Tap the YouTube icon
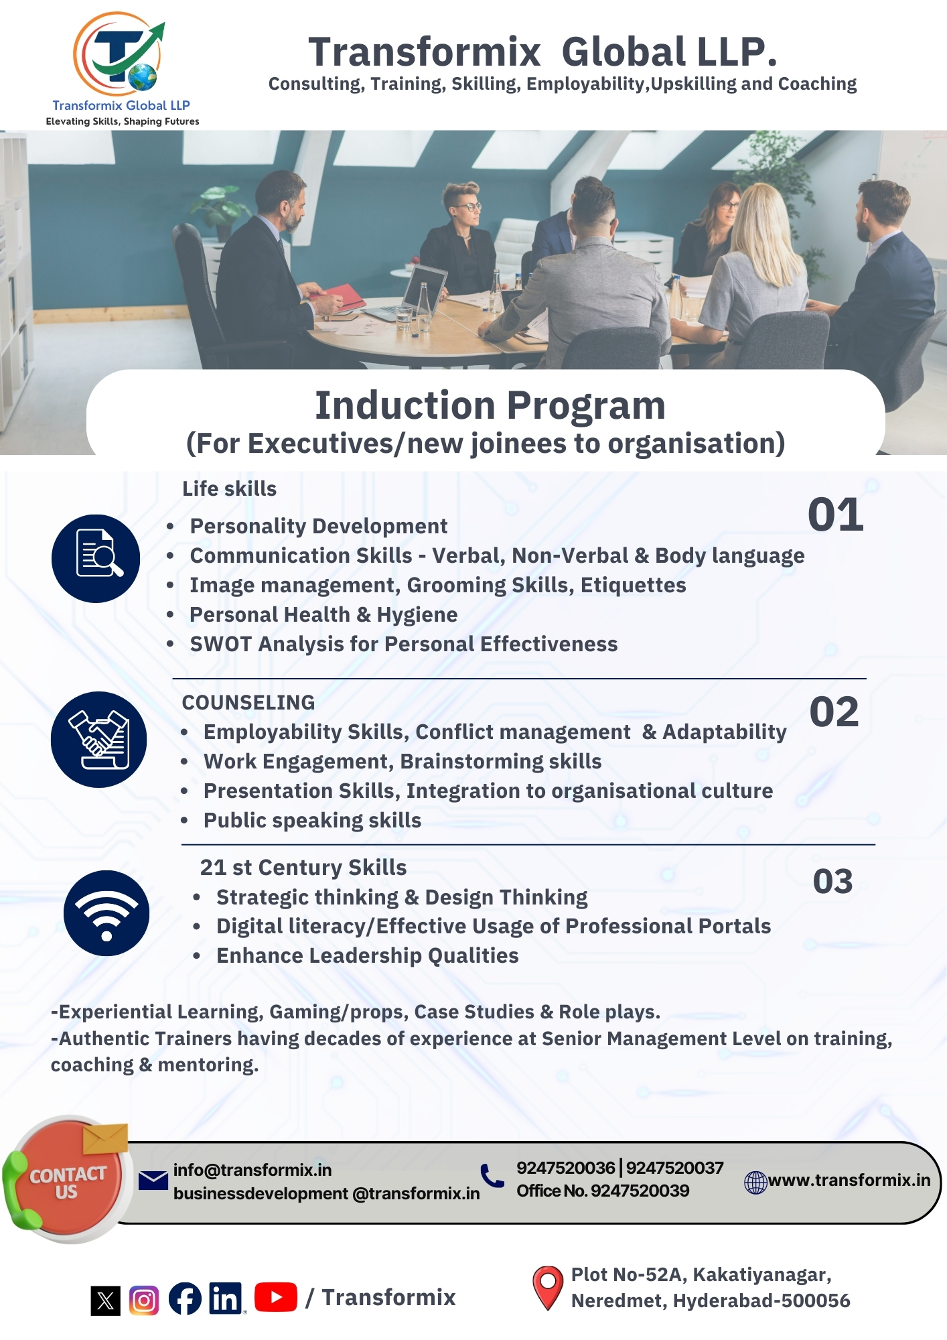[x=276, y=1297]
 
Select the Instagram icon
[x=144, y=1300]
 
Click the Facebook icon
[x=185, y=1298]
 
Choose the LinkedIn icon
[x=226, y=1298]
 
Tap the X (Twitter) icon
[x=106, y=1300]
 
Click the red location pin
[x=548, y=1287]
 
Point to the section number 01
[x=835, y=515]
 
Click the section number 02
[x=834, y=712]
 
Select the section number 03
[x=832, y=881]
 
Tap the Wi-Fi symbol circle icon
[x=106, y=913]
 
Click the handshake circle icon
[x=99, y=739]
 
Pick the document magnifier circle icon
[x=96, y=558]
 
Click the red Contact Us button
[x=68, y=1181]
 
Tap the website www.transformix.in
[x=849, y=1180]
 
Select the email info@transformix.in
[x=252, y=1170]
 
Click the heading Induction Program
[x=490, y=405]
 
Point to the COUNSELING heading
[x=248, y=702]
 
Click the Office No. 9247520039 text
[x=603, y=1191]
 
